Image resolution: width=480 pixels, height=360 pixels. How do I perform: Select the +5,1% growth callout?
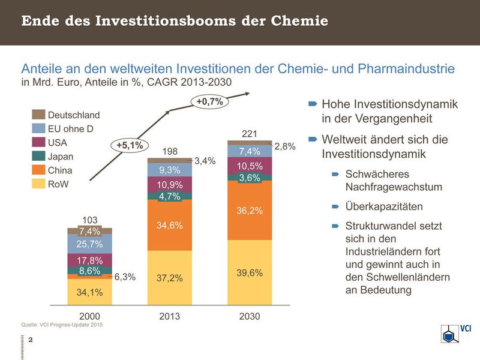point(130,145)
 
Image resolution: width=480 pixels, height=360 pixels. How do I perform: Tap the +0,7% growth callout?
point(209,101)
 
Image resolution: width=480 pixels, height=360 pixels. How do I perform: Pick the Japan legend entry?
point(59,157)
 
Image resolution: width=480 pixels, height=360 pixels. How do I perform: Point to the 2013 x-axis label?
point(170,316)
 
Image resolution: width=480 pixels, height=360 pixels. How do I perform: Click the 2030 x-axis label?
point(249,316)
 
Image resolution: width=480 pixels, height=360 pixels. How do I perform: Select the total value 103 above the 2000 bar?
point(89,220)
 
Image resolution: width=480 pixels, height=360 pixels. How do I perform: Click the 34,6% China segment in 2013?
point(170,226)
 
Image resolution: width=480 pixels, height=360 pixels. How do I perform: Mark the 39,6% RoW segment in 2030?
point(250,273)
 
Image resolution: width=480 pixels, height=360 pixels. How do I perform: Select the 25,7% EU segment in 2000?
point(89,244)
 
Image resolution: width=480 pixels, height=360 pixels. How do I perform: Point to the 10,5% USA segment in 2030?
point(250,166)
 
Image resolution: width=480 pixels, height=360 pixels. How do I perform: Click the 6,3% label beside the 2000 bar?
point(125,277)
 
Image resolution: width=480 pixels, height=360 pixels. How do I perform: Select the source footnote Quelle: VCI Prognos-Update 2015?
point(62,325)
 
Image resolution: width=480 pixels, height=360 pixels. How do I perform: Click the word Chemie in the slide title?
point(298,22)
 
